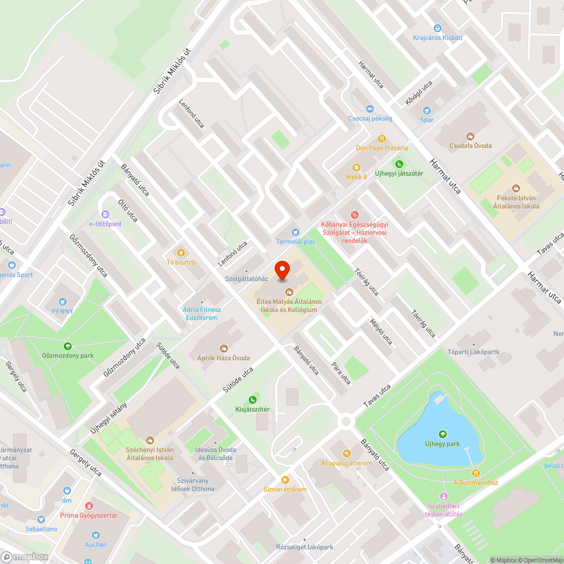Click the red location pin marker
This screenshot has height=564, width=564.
pyautogui.click(x=282, y=271)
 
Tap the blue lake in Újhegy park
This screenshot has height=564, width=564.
pyautogui.click(x=434, y=429)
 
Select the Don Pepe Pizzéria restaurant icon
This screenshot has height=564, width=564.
pyautogui.click(x=382, y=138)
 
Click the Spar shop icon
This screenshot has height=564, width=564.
pyautogui.click(x=426, y=110)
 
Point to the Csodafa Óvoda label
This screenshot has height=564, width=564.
pyautogui.click(x=470, y=146)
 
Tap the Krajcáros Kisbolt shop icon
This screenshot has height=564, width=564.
pyautogui.click(x=437, y=28)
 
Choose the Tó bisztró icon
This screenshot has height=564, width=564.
pyautogui.click(x=181, y=253)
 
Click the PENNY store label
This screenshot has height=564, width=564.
pyautogui.click(x=63, y=311)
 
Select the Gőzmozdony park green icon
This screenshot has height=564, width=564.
pyautogui.click(x=68, y=346)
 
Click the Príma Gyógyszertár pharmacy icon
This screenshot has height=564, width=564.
pyautogui.click(x=89, y=506)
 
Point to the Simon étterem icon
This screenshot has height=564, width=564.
pyautogui.click(x=285, y=480)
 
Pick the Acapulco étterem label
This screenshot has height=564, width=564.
pyautogui.click(x=347, y=463)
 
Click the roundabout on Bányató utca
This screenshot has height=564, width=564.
pyautogui.click(x=346, y=421)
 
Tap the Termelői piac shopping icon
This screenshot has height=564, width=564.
pyautogui.click(x=294, y=232)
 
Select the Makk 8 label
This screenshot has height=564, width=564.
pyautogui.click(x=356, y=177)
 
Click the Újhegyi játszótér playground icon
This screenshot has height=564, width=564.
pyautogui.click(x=399, y=164)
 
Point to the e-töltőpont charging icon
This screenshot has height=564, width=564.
pyautogui.click(x=105, y=214)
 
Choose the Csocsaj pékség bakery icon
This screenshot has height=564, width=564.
pyautogui.click(x=370, y=109)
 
